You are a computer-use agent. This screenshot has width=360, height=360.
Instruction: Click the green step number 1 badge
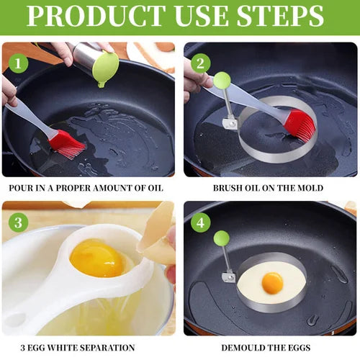(18, 63)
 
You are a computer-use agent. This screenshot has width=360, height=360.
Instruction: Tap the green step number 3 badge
(18, 222)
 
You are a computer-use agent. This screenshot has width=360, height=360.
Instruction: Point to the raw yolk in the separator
(98, 258)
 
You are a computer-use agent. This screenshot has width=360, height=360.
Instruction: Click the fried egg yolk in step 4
(272, 283)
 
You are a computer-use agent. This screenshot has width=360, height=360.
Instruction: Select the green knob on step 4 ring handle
(222, 238)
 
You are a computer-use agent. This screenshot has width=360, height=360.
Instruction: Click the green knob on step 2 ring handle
(222, 80)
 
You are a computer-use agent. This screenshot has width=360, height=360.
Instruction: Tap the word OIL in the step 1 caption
(154, 188)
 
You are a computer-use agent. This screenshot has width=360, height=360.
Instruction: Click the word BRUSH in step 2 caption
(230, 188)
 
